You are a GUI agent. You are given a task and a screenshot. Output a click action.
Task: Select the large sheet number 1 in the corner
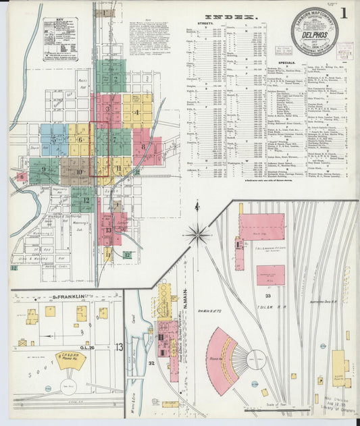[x=344, y=14]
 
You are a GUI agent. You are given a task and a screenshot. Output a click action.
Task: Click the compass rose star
[x=198, y=234]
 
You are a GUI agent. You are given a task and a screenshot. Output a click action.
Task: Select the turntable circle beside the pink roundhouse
[x=257, y=361]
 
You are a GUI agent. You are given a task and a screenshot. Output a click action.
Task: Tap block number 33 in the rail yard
[x=268, y=295]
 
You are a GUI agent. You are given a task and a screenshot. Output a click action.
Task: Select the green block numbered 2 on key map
[x=115, y=80]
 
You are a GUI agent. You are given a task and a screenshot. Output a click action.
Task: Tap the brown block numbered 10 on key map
[x=79, y=171]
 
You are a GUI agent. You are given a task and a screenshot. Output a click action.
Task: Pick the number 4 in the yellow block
[x=137, y=112]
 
